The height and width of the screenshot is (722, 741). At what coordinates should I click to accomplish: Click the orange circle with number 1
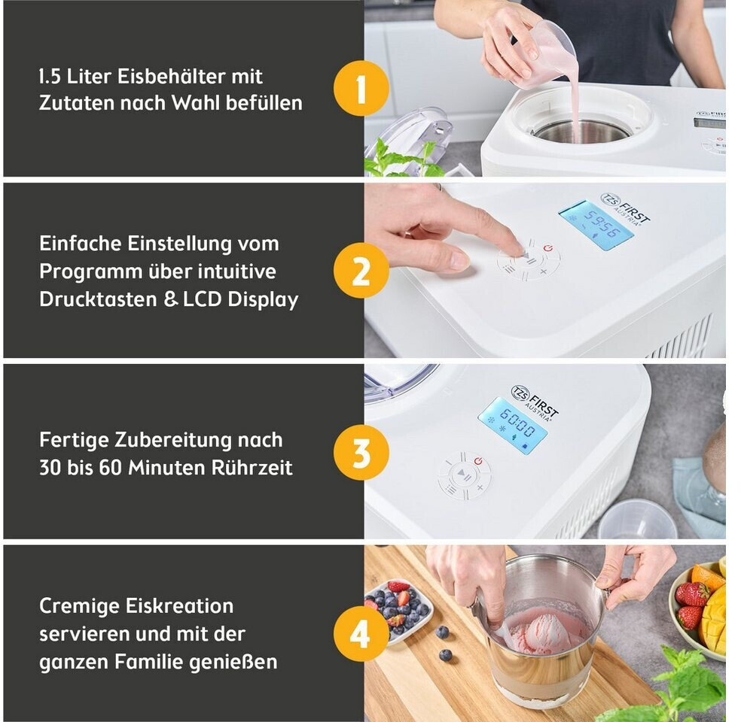click(x=361, y=88)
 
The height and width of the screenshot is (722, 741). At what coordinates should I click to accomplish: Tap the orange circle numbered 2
click(x=361, y=271)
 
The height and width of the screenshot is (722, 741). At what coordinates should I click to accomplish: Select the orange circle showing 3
click(x=361, y=452)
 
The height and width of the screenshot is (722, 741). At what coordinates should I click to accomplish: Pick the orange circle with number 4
click(x=361, y=633)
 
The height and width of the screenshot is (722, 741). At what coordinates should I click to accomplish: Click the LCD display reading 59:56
click(x=596, y=225)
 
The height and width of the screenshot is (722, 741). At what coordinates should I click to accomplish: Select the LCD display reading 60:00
click(x=514, y=425)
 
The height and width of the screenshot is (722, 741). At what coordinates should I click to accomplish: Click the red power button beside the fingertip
click(x=547, y=248)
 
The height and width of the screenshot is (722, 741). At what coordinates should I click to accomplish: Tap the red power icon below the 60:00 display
click(x=478, y=461)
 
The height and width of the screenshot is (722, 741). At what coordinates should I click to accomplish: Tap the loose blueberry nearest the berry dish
click(x=442, y=633)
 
